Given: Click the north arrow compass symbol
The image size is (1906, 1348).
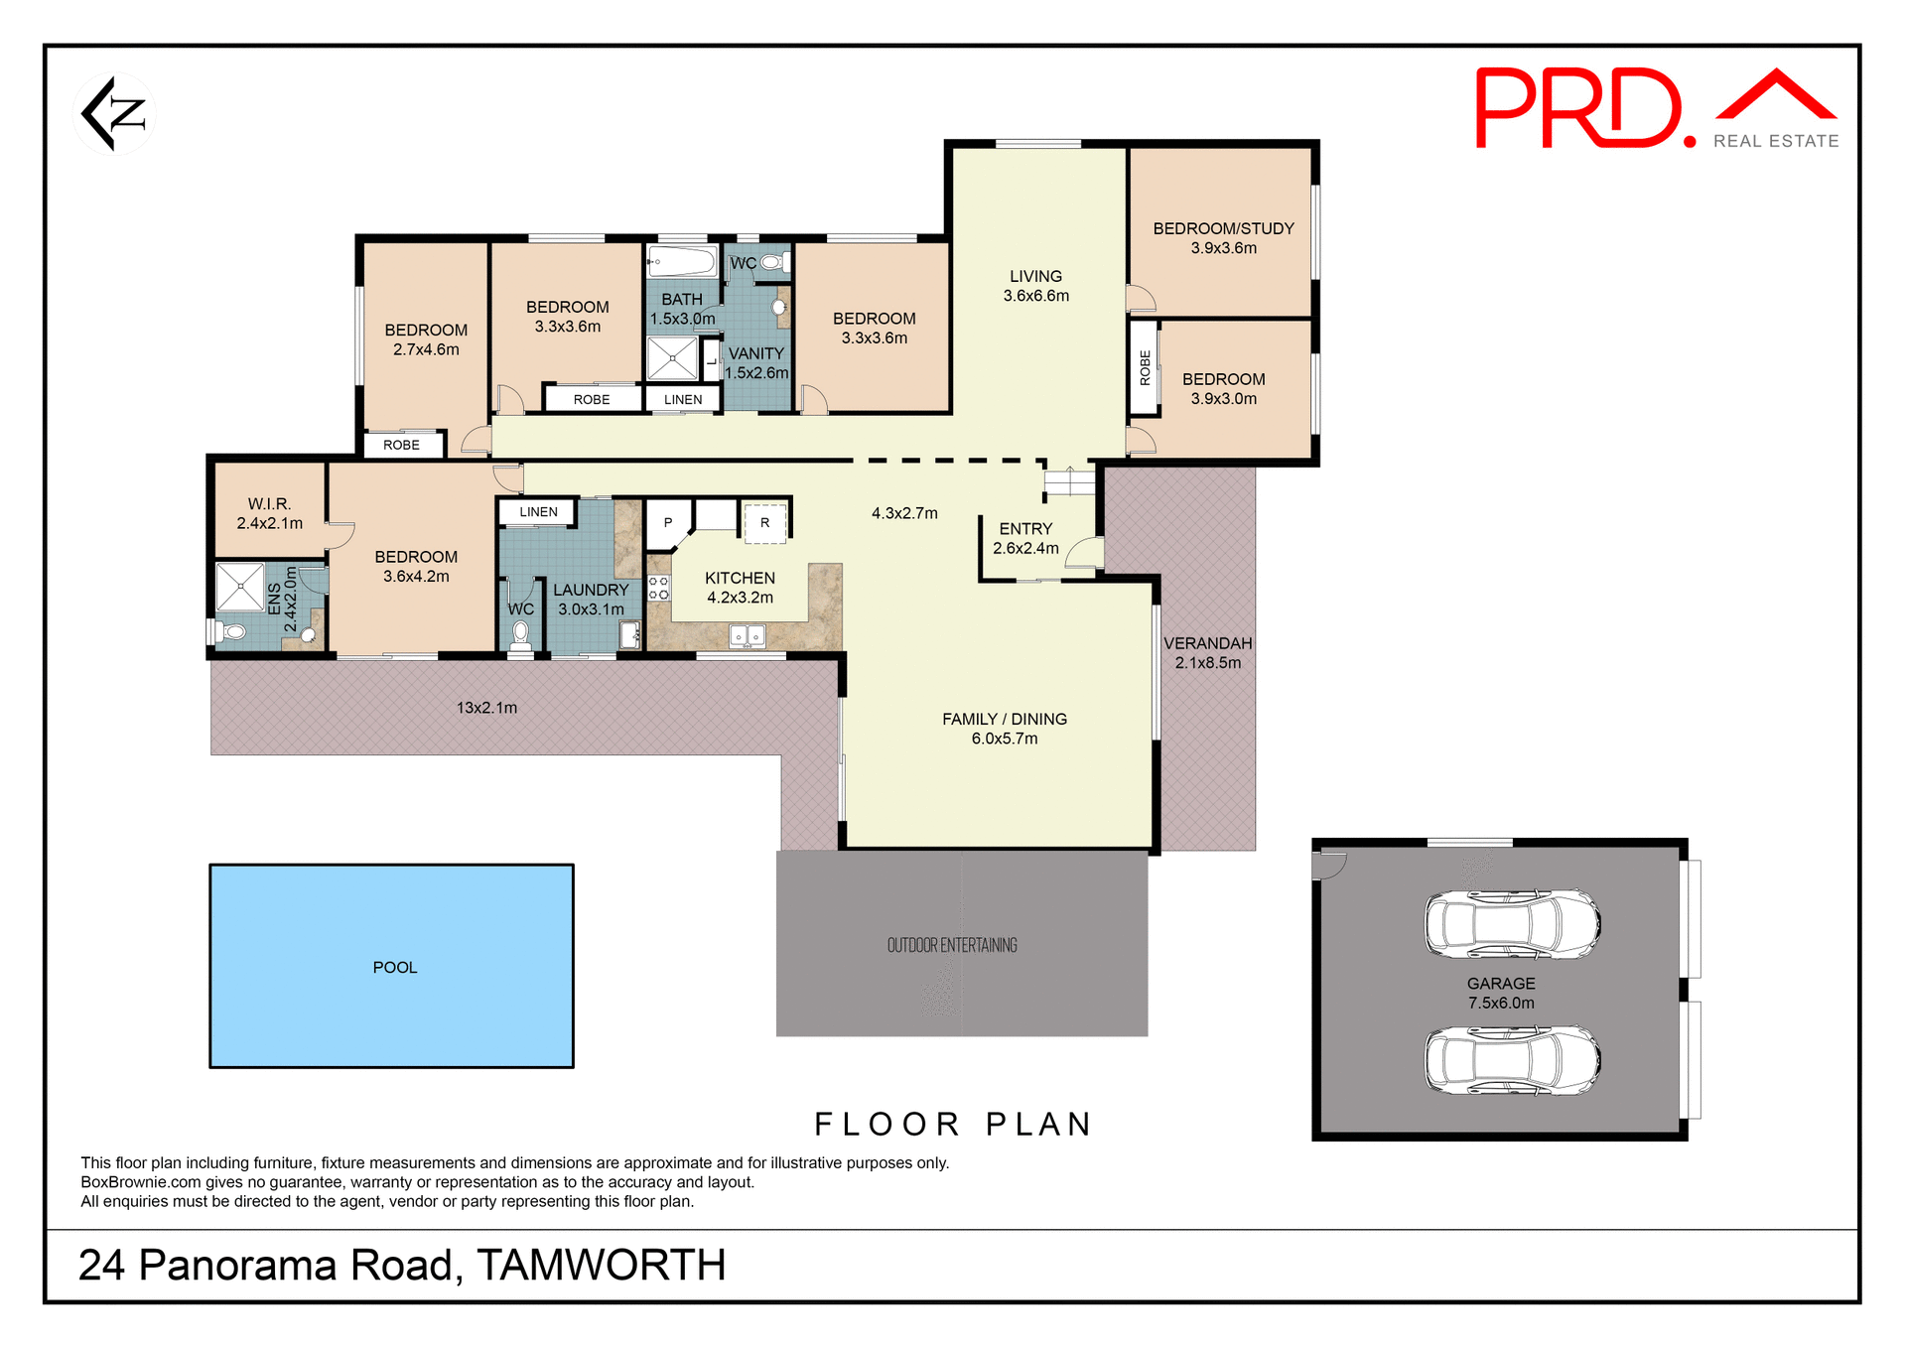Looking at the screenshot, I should pyautogui.click(x=114, y=114).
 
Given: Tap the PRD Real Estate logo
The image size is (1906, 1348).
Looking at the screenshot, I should pyautogui.click(x=1656, y=109).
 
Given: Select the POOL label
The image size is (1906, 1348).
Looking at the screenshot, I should pyautogui.click(x=394, y=967).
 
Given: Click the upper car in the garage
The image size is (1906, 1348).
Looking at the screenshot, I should pyautogui.click(x=1511, y=923).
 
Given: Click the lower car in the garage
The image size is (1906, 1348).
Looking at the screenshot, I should pyautogui.click(x=1511, y=1060).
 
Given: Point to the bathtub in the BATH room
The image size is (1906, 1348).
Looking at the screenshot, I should pyautogui.click(x=682, y=262).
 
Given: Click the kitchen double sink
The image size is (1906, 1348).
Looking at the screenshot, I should pyautogui.click(x=747, y=635).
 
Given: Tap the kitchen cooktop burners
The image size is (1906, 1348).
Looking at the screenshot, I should pyautogui.click(x=658, y=587).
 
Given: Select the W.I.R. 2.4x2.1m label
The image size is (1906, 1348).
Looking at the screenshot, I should pyautogui.click(x=269, y=513).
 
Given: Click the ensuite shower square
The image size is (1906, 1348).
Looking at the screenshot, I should pyautogui.click(x=240, y=587).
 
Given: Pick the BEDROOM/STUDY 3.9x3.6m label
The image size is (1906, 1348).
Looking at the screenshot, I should pyautogui.click(x=1223, y=238).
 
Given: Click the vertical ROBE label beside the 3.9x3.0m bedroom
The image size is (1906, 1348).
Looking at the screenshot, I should pyautogui.click(x=1145, y=367).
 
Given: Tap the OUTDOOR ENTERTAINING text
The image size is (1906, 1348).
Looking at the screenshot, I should pyautogui.click(x=951, y=945).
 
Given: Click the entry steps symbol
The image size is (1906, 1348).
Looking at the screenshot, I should pyautogui.click(x=1069, y=483).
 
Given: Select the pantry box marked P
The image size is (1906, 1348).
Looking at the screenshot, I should pyautogui.click(x=667, y=522).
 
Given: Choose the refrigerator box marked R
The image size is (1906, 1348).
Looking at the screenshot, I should pyautogui.click(x=764, y=522).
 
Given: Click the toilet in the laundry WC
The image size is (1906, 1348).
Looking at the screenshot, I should pyautogui.click(x=520, y=635).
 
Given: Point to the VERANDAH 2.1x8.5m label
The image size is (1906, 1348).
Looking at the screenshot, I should pyautogui.click(x=1207, y=653).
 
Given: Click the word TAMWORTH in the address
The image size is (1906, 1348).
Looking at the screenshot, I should pyautogui.click(x=601, y=1265).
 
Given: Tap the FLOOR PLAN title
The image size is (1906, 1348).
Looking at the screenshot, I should pyautogui.click(x=953, y=1124).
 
